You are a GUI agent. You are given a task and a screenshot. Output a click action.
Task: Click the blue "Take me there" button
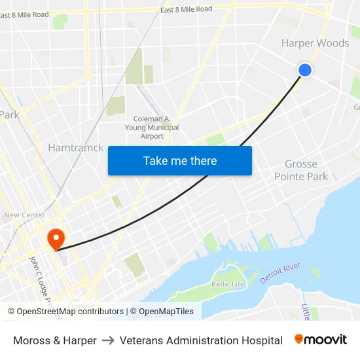click(x=180, y=160)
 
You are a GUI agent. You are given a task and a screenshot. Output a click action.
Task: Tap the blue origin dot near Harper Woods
click(x=304, y=70)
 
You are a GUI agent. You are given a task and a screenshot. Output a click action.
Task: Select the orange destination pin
click(x=56, y=238)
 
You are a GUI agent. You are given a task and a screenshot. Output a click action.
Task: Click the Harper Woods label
click(x=315, y=44)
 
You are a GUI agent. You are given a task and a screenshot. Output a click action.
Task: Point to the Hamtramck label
click(x=75, y=148)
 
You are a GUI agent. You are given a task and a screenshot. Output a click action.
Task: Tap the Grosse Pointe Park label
click(x=301, y=170)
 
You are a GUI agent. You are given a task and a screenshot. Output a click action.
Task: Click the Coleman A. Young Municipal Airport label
click(x=152, y=128)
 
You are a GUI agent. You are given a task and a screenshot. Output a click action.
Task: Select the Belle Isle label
click(x=227, y=284)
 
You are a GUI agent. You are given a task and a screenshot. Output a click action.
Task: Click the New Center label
click(x=25, y=215)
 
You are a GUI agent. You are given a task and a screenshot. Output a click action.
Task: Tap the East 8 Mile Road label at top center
click(x=187, y=9)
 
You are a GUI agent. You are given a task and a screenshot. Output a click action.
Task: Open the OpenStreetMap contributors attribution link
click(x=66, y=312)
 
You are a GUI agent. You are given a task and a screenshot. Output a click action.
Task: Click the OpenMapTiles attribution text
click(x=162, y=312)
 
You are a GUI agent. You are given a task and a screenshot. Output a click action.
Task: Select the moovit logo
click(x=321, y=339)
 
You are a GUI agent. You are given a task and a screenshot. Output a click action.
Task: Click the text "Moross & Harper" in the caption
click(x=55, y=340)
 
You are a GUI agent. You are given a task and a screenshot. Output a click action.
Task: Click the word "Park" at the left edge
click(x=9, y=115)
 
